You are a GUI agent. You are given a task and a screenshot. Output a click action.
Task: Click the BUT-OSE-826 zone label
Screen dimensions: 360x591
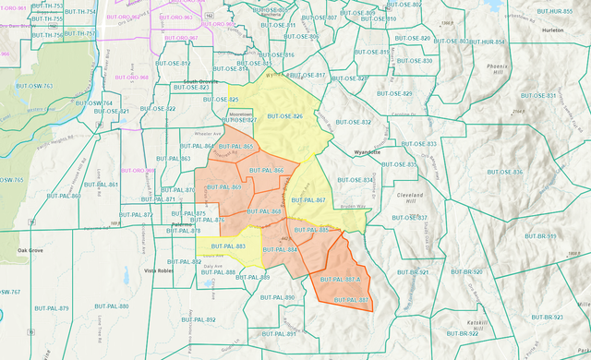pyautogui.click(x=285, y=116)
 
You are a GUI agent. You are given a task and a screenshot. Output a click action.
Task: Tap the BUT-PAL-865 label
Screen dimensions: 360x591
pyautogui.click(x=235, y=147)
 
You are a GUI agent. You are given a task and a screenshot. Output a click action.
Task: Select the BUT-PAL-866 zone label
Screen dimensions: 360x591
pyautogui.click(x=265, y=171)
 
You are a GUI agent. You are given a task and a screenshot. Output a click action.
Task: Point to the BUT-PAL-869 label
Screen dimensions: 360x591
pyautogui.click(x=223, y=187)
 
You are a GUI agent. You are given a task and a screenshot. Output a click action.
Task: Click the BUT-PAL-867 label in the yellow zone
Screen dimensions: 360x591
pyautogui.click(x=308, y=199)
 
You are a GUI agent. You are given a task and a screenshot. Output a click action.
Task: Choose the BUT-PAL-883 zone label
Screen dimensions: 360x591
pyautogui.click(x=227, y=246)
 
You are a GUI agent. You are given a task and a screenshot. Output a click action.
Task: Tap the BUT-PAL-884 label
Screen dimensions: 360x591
pyautogui.click(x=280, y=250)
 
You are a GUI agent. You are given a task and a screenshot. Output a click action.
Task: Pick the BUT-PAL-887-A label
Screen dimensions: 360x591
pyautogui.click(x=338, y=279)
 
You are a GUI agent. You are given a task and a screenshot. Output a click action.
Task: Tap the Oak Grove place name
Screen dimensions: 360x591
pyautogui.click(x=30, y=250)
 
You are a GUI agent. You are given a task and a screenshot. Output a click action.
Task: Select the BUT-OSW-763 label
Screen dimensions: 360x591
pyautogui.click(x=35, y=86)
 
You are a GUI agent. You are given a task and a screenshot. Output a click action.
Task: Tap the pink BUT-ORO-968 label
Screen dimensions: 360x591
pyautogui.click(x=131, y=78)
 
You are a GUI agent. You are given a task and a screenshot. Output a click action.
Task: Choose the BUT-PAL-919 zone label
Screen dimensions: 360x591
pyautogui.click(x=543, y=236)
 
